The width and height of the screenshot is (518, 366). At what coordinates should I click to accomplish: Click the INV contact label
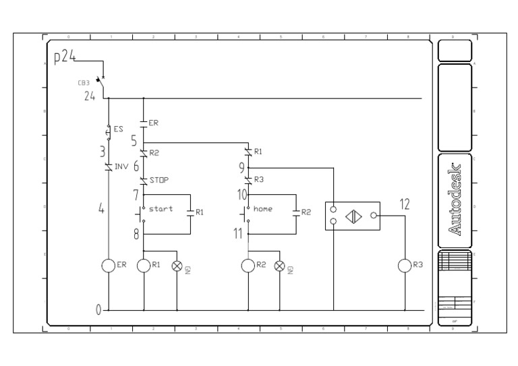[x=121, y=166]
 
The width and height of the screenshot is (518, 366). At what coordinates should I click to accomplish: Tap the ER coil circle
[x=109, y=266]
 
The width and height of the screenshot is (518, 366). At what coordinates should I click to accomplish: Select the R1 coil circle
[x=144, y=266]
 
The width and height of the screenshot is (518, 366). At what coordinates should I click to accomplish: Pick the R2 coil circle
[x=248, y=266]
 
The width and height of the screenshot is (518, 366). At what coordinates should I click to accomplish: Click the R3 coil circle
[x=405, y=266]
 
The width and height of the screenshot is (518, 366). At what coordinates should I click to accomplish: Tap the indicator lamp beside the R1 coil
[x=177, y=266]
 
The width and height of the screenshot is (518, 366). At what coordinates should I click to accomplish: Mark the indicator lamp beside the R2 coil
[x=281, y=266]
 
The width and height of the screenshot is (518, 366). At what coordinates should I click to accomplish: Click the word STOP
[x=159, y=181]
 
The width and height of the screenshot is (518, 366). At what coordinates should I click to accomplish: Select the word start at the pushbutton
[x=161, y=209]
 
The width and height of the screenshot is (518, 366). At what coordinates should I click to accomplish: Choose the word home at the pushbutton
[x=263, y=209]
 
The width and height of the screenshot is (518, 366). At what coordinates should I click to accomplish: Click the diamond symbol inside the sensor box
[x=353, y=216]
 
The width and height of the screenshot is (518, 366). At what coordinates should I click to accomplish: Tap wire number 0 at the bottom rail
[x=98, y=310]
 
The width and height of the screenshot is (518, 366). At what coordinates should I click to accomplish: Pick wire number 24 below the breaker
[x=89, y=96]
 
